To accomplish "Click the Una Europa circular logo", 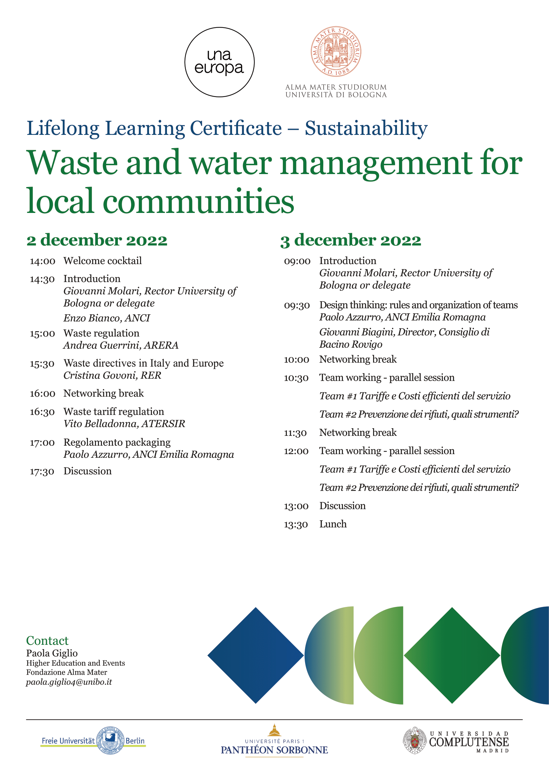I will tap(219, 62).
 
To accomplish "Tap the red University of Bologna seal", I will tap(336, 51).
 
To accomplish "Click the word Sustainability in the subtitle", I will tap(366, 128).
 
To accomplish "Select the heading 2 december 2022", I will tap(97, 240).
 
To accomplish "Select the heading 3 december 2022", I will tap(351, 240).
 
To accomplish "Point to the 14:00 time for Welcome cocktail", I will tap(42, 261).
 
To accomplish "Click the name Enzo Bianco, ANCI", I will tap(107, 318).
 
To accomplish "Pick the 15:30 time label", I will tap(42, 364).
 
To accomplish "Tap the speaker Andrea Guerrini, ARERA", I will tap(121, 345).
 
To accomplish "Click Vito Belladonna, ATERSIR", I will tap(124, 424).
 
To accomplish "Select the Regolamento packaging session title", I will tap(117, 442).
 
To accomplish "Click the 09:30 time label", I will tap(296, 306).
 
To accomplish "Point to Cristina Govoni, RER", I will tap(112, 375).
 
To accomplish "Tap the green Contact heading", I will tap(47, 640).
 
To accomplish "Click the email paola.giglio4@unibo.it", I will tap(69, 682).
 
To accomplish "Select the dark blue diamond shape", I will tap(256, 655).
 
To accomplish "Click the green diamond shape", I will tap(452, 655).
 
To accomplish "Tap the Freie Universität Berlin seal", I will tap(110, 740).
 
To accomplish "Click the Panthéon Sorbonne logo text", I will tap(274, 750).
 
